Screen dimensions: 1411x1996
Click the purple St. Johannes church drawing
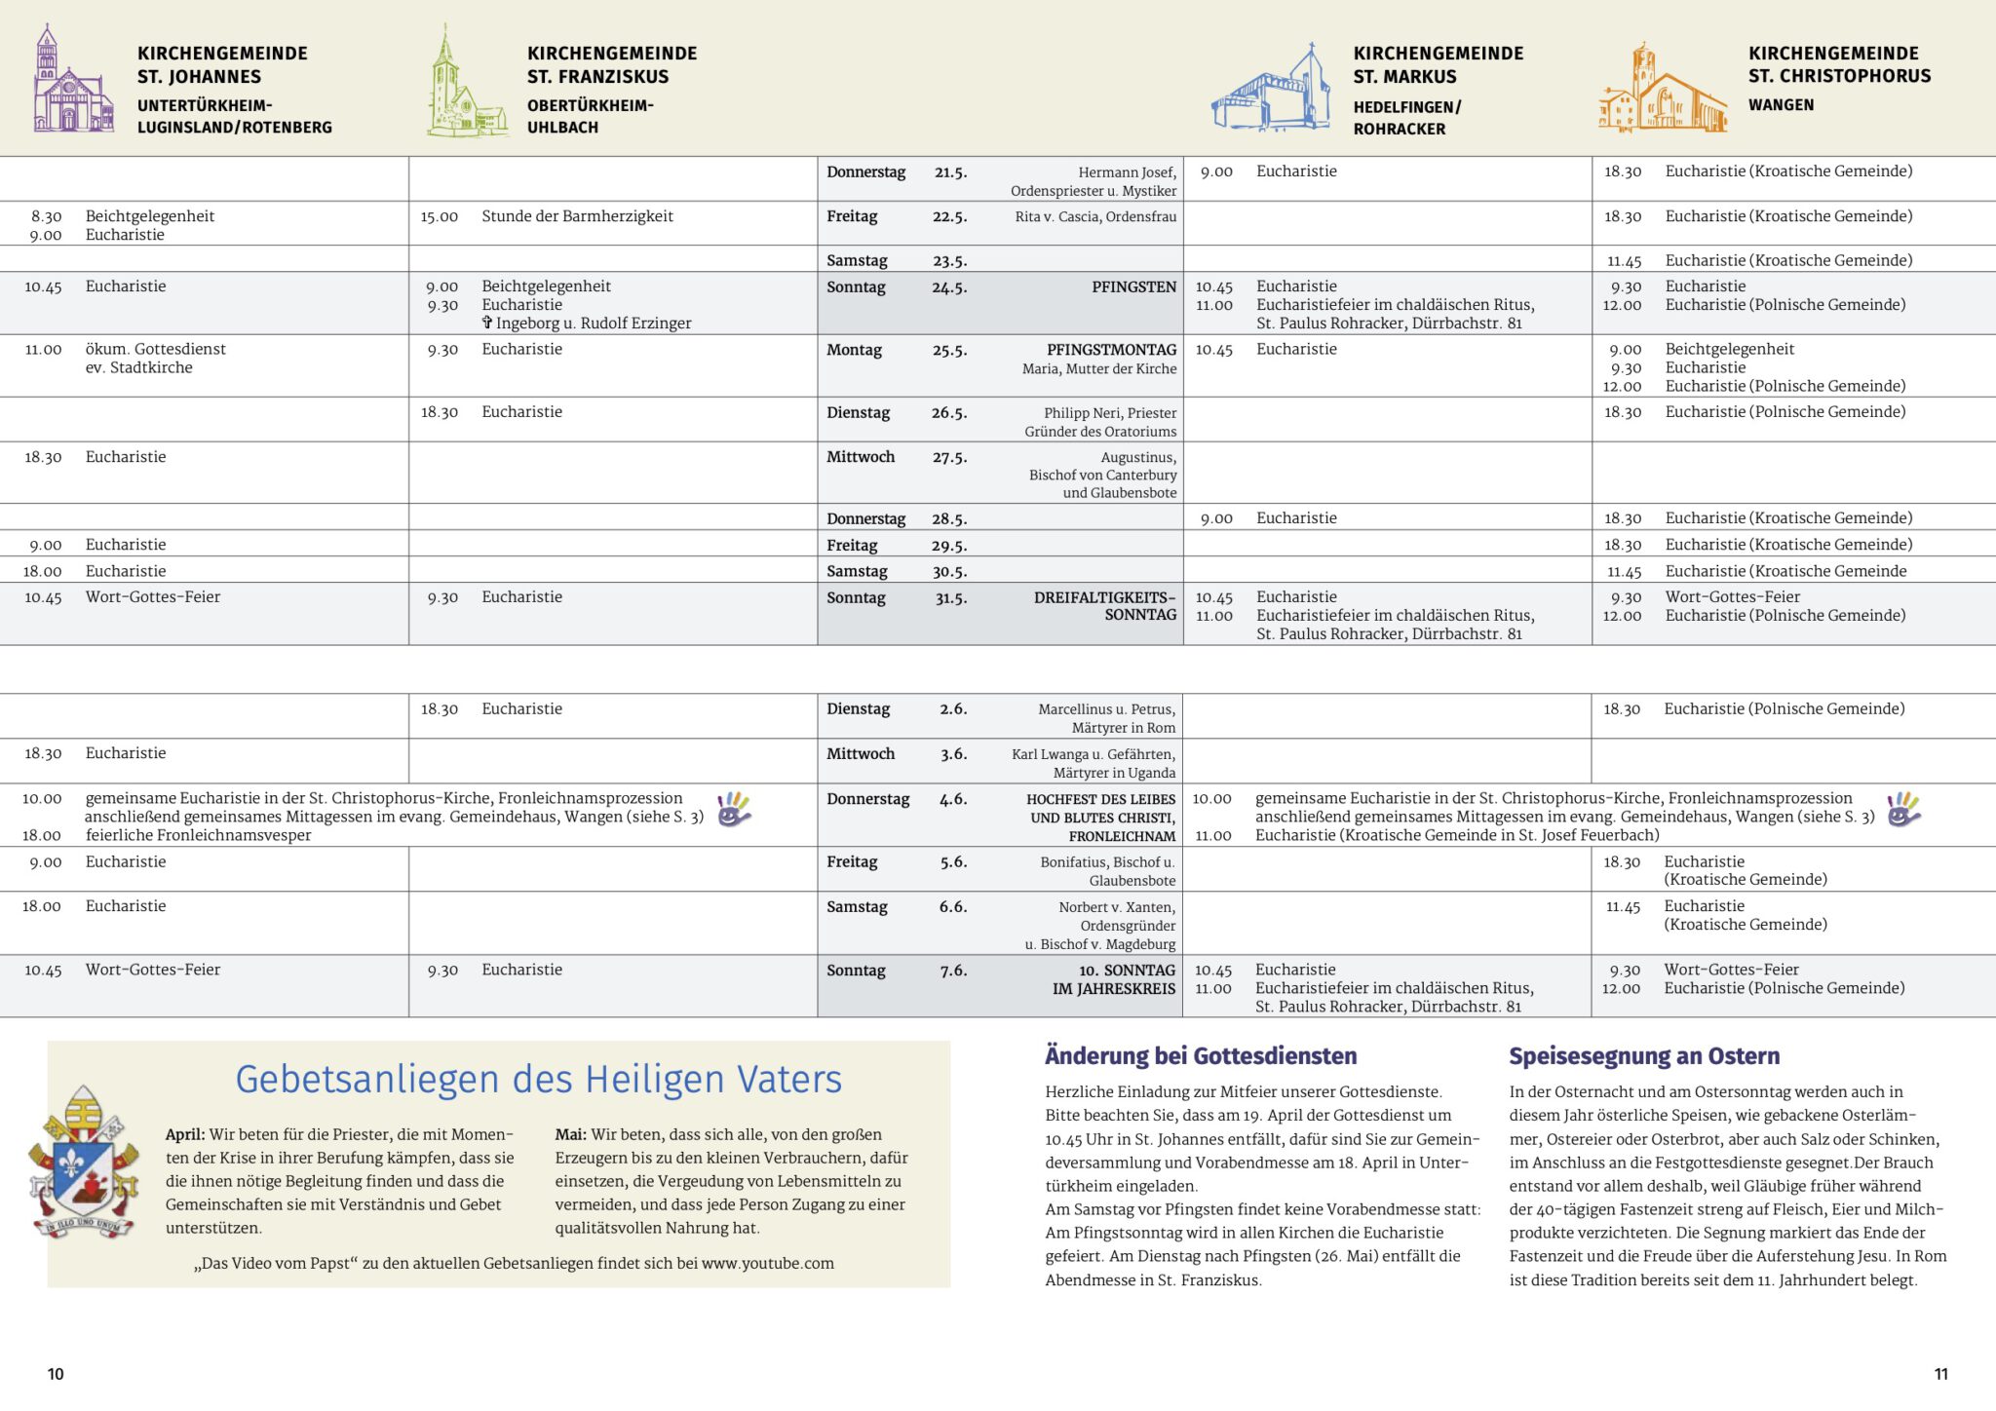coord(73,80)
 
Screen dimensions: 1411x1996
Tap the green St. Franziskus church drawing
coord(466,83)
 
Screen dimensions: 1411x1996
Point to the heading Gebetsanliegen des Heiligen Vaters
coord(538,1080)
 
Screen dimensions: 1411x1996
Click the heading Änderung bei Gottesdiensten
coord(1201,1056)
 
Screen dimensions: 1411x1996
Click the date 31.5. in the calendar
coord(950,598)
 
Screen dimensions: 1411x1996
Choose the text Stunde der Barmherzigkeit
coord(577,216)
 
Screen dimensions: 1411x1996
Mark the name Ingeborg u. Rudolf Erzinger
coord(594,324)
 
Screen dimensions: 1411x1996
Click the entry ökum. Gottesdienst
coord(156,349)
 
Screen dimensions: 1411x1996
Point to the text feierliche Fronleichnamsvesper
coord(199,835)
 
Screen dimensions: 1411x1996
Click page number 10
coord(56,1374)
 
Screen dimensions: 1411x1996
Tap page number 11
coord(1940,1374)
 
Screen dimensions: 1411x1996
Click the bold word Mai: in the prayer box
coord(571,1134)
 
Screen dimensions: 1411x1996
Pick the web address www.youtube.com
coord(768,1264)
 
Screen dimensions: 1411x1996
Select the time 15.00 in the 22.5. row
coord(440,216)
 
